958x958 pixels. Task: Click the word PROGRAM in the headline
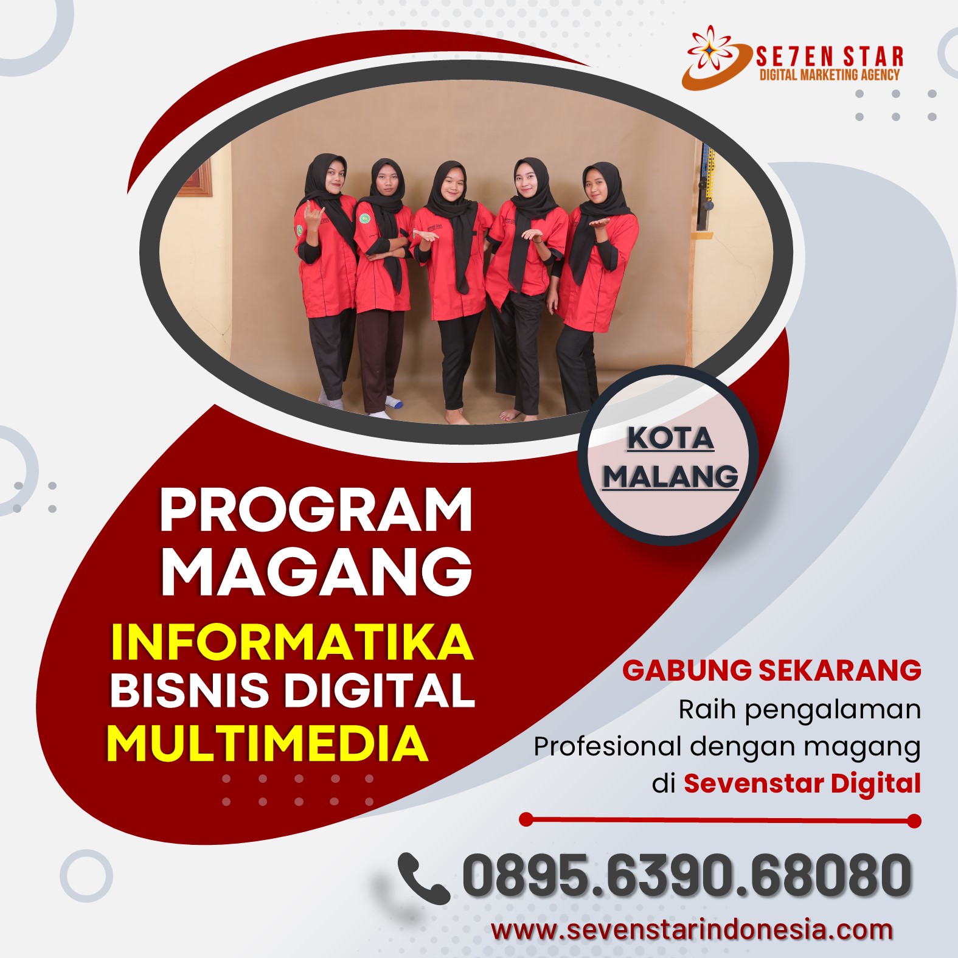pos(316,510)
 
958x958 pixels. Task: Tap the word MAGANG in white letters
pos(316,571)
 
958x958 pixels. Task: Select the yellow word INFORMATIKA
pos(292,642)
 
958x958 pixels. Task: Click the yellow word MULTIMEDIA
pos(268,743)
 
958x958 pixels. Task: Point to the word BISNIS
pos(189,690)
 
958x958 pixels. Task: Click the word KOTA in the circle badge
pos(670,438)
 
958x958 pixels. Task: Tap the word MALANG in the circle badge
pos(670,476)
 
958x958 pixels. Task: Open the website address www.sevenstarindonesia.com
pos(692,930)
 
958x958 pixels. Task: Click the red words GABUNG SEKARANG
pos(771,670)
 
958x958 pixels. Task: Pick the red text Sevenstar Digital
pos(802,783)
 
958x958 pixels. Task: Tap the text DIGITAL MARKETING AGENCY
pos(830,75)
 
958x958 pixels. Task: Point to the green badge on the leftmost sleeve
pos(299,231)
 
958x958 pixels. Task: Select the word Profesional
pos(608,746)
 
